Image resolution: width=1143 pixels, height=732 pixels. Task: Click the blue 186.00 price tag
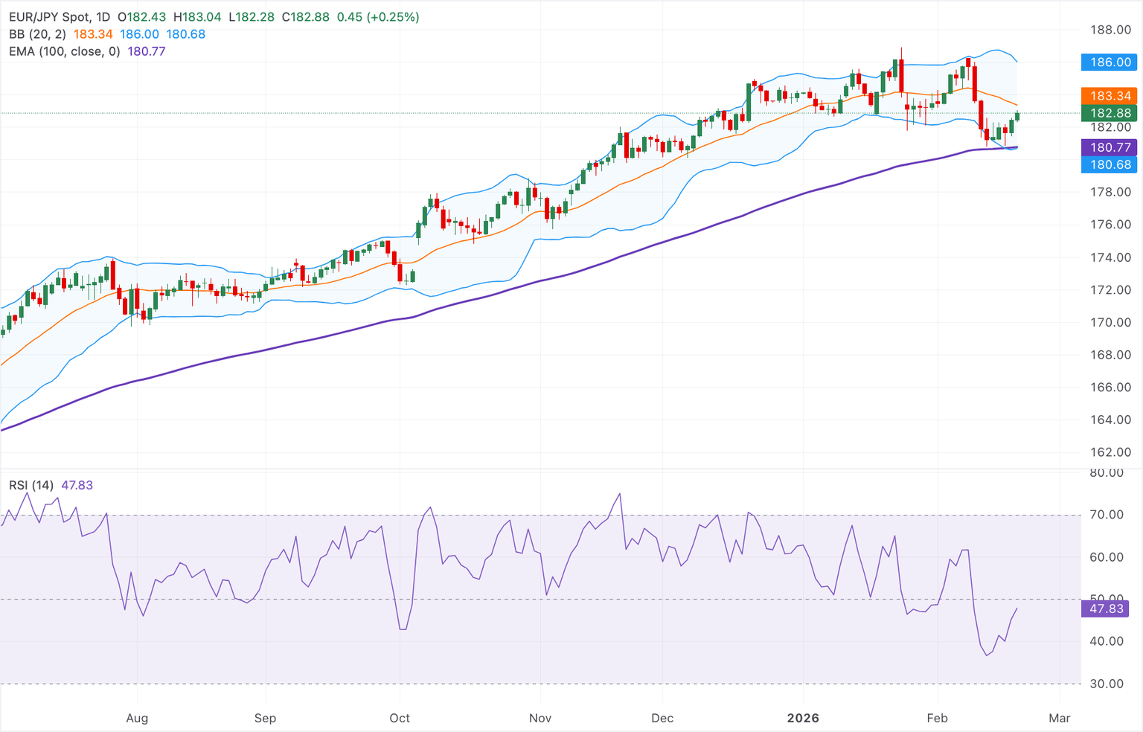click(1109, 62)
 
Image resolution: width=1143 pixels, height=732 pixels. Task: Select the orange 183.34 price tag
click(1109, 96)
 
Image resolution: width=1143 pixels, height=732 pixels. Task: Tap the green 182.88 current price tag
click(1109, 113)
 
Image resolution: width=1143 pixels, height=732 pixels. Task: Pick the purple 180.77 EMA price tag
click(1109, 147)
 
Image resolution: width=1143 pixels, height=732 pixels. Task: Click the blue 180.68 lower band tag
click(1109, 164)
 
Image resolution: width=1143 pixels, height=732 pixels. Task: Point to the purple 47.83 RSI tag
click(1106, 609)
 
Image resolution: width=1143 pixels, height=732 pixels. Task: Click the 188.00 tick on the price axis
click(1110, 30)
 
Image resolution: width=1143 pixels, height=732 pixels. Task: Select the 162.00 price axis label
click(1110, 452)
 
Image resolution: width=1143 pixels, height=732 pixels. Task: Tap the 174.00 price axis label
click(1110, 257)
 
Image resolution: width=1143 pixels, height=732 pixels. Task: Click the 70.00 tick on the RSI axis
click(1107, 515)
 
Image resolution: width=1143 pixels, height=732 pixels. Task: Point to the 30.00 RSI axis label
click(1107, 684)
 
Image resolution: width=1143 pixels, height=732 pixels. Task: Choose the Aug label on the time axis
click(137, 718)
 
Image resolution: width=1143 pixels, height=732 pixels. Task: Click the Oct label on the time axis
click(400, 718)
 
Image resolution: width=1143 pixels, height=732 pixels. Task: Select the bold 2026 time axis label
click(803, 718)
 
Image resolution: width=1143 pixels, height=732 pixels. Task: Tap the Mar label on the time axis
click(1059, 718)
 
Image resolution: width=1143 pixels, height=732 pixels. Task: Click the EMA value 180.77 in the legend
click(147, 51)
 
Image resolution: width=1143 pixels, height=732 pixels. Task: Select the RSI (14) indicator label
click(31, 485)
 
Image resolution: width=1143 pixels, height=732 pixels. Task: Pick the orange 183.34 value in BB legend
click(93, 34)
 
